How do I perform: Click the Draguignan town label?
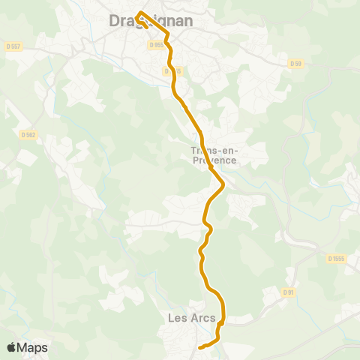click(151, 22)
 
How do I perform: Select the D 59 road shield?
click(296, 64)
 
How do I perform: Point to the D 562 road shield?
click(29, 135)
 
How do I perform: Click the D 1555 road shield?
click(337, 258)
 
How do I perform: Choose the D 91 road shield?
click(289, 292)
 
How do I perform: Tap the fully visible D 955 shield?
click(157, 45)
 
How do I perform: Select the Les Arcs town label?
click(192, 318)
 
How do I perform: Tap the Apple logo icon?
click(11, 347)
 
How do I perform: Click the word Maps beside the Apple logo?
click(33, 348)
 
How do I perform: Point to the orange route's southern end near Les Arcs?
click(199, 347)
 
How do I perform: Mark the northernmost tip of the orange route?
click(140, 12)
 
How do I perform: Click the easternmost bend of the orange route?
click(223, 184)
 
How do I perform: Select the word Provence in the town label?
click(214, 160)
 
